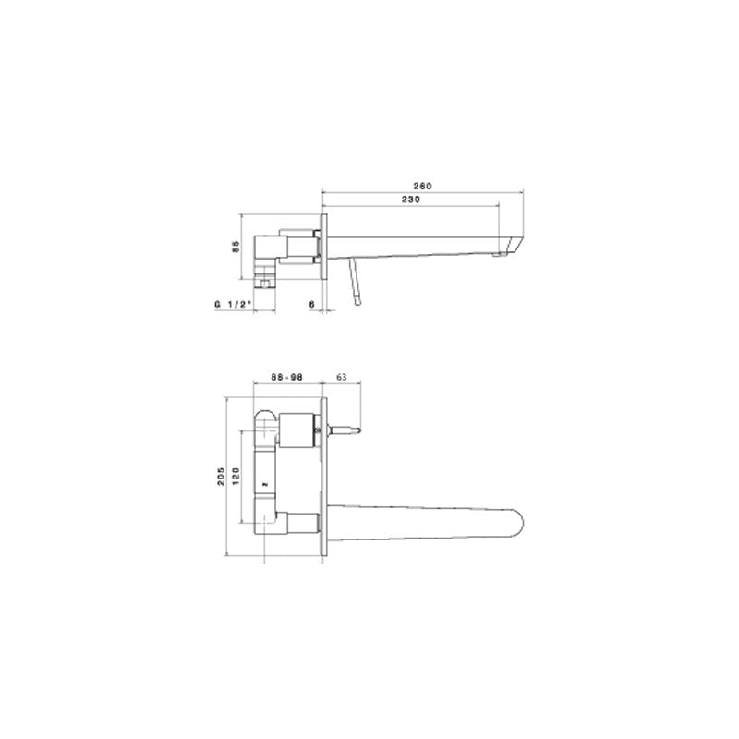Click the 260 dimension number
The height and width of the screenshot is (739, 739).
[424, 185]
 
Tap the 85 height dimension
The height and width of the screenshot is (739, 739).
[236, 247]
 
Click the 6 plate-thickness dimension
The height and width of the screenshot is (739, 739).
[312, 303]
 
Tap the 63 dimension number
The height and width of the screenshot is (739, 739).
[341, 377]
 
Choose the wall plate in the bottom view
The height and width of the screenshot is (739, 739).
[325, 476]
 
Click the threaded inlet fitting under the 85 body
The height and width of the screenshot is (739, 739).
[267, 278]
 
